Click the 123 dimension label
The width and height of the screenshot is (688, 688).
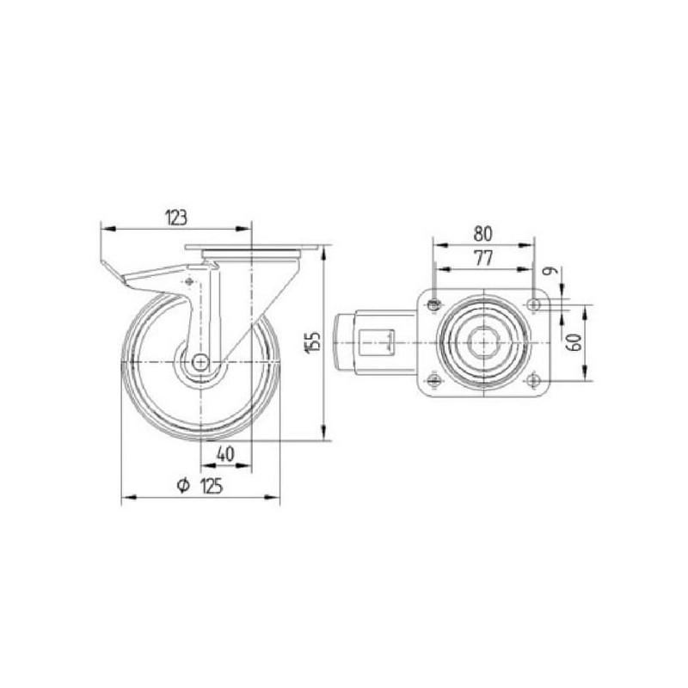(176, 218)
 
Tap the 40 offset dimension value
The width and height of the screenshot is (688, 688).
(225, 454)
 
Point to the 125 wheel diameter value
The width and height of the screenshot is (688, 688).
(212, 486)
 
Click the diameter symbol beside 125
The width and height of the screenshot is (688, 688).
(183, 486)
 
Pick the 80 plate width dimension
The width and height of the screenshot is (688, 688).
(482, 234)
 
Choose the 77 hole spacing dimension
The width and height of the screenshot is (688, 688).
(483, 258)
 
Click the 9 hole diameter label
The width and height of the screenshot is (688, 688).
(550, 271)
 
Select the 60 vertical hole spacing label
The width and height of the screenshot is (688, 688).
(574, 342)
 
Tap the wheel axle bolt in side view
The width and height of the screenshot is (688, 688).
(200, 362)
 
